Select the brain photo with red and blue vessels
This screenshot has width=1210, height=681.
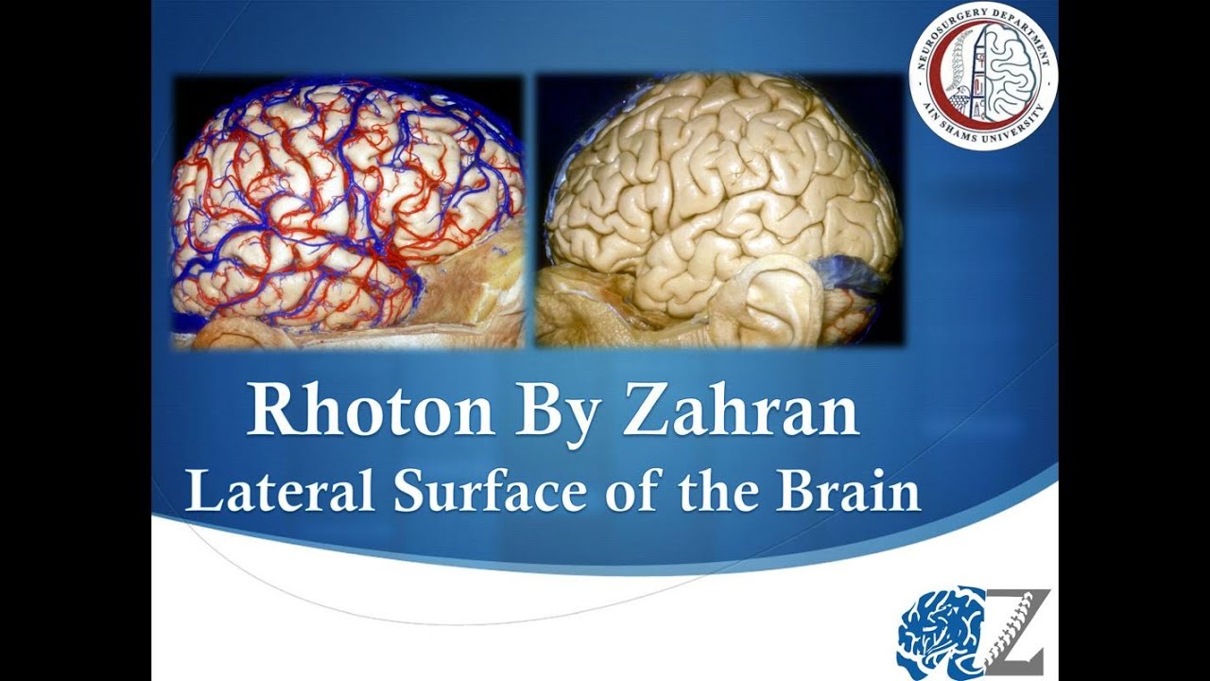pos(348,212)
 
